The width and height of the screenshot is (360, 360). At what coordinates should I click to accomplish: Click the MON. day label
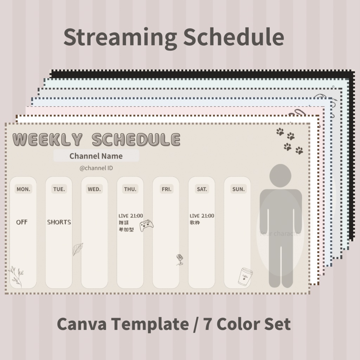pyautogui.click(x=23, y=189)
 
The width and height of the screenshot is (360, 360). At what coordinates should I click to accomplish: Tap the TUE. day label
pyautogui.click(x=59, y=189)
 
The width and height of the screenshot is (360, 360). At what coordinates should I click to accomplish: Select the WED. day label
pyautogui.click(x=94, y=189)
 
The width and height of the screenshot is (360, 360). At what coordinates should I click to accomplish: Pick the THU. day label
pyautogui.click(x=130, y=189)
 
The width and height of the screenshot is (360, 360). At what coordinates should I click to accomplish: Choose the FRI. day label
pyautogui.click(x=166, y=189)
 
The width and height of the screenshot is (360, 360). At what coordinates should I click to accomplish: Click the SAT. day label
pyautogui.click(x=202, y=189)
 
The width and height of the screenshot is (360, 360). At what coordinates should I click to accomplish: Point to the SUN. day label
pyautogui.click(x=238, y=189)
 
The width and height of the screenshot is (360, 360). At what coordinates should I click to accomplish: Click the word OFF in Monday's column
pyautogui.click(x=22, y=222)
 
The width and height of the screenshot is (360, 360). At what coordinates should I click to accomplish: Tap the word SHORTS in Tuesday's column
pyautogui.click(x=59, y=222)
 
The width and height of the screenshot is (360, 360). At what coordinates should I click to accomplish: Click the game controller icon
pyautogui.click(x=147, y=225)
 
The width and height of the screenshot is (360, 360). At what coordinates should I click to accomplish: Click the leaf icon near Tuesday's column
pyautogui.click(x=77, y=249)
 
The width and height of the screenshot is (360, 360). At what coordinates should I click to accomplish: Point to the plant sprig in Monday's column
pyautogui.click(x=16, y=276)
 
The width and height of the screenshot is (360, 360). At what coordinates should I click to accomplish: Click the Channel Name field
pyautogui.click(x=96, y=156)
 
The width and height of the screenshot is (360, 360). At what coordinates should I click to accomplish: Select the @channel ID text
pyautogui.click(x=96, y=168)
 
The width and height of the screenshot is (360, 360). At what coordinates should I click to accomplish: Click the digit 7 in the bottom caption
pyautogui.click(x=207, y=324)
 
